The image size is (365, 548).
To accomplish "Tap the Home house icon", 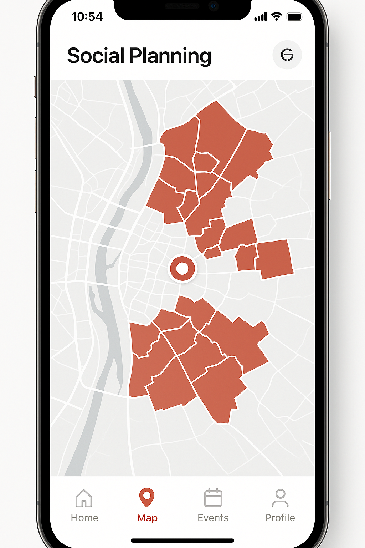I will point(84,498).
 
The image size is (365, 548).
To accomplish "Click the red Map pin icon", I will point(146,497).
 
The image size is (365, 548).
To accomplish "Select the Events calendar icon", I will point(213,498).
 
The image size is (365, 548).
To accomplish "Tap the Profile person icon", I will point(280,498).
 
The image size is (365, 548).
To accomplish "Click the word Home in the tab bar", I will point(84,518).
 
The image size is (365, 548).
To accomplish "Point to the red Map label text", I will point(147,518).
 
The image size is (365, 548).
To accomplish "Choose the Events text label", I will point(213,518).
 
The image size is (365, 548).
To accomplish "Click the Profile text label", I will point(280,518).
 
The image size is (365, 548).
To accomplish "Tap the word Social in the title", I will point(96,56).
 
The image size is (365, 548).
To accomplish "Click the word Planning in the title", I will point(170,57).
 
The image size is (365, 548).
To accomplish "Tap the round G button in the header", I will point(287,55).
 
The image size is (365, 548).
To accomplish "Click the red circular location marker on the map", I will point(182,269).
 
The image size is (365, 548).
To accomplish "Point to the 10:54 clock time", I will point(87,17).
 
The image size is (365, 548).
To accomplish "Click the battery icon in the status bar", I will point(295,17).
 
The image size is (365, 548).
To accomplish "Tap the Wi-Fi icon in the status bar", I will point(277,16).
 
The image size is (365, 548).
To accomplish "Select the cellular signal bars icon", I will point(261,17).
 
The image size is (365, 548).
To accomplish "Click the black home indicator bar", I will point(182,541).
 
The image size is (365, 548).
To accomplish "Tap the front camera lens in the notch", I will point(213,6).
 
